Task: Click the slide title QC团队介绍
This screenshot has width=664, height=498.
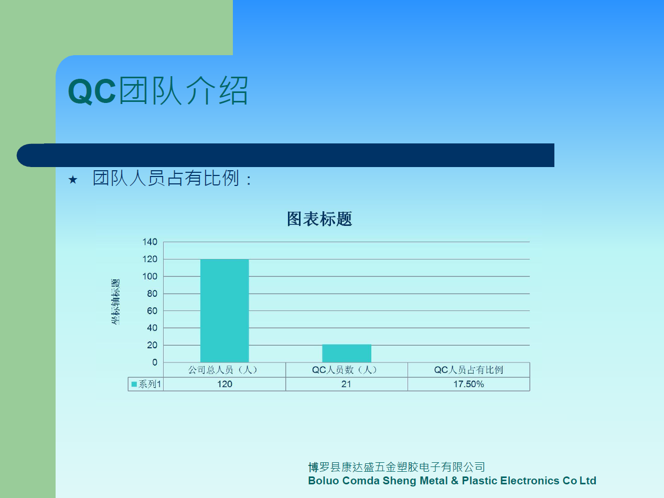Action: [x=158, y=90]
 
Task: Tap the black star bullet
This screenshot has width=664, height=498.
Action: [x=73, y=180]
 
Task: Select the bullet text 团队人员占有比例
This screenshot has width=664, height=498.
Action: [x=166, y=178]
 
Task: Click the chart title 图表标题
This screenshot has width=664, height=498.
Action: [x=319, y=219]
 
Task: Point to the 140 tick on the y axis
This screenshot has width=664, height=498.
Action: [x=149, y=242]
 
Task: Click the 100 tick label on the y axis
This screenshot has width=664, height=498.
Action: [x=149, y=276]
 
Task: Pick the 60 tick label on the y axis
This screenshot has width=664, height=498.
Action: [x=152, y=310]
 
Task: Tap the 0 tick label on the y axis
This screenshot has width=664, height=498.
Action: [x=155, y=362]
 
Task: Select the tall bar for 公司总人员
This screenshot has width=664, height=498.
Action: [x=224, y=310]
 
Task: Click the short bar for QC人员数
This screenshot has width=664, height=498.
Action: [x=347, y=353]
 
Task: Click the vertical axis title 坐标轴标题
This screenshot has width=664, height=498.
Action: [x=115, y=302]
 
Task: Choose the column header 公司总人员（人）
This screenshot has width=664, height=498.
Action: [x=223, y=370]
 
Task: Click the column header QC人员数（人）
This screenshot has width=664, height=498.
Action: [x=345, y=370]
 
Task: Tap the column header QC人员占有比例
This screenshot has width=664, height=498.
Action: [x=468, y=370]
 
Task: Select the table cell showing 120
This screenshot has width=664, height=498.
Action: [x=224, y=384]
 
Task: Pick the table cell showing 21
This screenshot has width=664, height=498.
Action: [x=346, y=384]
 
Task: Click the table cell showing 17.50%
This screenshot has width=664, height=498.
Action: [x=468, y=384]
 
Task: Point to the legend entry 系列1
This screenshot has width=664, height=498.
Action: [x=146, y=384]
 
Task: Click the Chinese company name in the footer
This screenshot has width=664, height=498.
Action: [x=397, y=467]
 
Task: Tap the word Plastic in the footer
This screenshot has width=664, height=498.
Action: [x=479, y=481]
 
